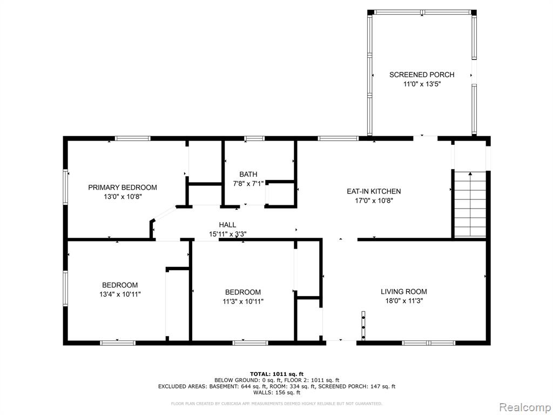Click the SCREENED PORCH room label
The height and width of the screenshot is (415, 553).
(422, 75)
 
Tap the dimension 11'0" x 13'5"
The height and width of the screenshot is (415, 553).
(422, 84)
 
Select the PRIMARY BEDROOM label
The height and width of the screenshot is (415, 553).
(123, 188)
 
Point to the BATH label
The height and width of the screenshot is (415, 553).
(248, 175)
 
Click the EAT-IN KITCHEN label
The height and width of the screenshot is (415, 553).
(374, 191)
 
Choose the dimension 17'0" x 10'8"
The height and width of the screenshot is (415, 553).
(374, 201)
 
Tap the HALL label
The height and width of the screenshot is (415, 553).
(227, 225)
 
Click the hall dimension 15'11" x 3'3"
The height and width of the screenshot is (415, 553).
(227, 234)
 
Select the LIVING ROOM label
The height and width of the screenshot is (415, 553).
(404, 291)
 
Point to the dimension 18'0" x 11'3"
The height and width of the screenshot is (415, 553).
(404, 301)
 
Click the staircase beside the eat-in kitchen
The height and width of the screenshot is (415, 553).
(470, 204)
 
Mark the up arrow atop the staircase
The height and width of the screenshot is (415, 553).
(470, 173)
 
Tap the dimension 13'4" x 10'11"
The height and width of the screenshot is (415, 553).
(120, 294)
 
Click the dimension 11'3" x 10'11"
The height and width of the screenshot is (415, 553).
(243, 302)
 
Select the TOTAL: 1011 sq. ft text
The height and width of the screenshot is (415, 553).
(276, 374)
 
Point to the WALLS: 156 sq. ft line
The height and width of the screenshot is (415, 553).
(276, 392)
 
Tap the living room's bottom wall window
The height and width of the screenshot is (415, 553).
(428, 343)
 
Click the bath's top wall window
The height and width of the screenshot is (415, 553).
(254, 138)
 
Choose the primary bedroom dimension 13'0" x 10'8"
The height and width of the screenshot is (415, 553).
(123, 197)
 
